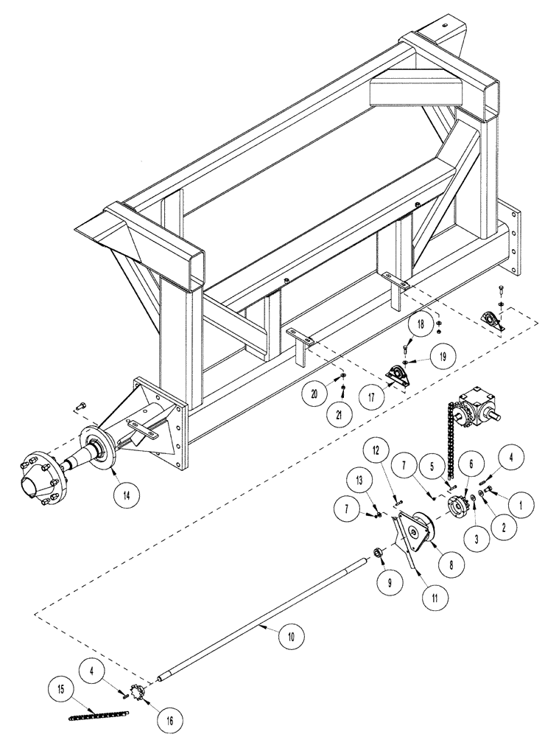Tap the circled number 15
pyautogui.click(x=61, y=691)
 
